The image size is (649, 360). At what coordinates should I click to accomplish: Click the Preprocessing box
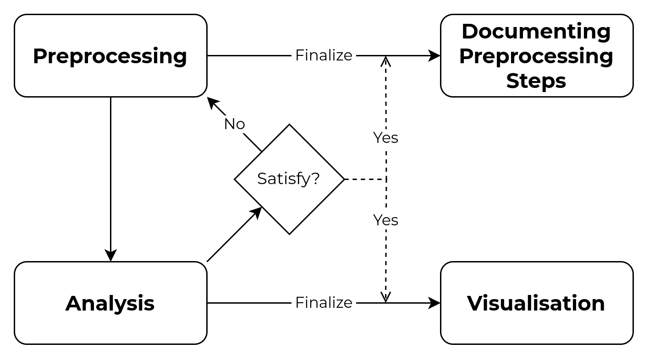(x=110, y=55)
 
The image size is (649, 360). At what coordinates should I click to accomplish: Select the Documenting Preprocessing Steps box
(x=537, y=55)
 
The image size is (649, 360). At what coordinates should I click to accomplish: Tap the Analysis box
(x=110, y=303)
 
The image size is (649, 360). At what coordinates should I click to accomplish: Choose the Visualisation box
(x=537, y=303)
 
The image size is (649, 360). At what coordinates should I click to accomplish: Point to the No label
(x=234, y=124)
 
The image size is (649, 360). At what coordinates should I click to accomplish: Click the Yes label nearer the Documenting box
(x=385, y=138)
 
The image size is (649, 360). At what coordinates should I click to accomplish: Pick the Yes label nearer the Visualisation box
(x=385, y=220)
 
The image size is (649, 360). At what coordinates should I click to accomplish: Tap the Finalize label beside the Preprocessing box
(x=324, y=55)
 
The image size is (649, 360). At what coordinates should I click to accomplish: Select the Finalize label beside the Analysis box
(x=324, y=303)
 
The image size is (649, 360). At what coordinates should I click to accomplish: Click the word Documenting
(x=536, y=32)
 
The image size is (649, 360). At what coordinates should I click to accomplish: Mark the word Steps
(x=536, y=81)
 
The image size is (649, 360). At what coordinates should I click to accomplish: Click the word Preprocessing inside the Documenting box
(x=536, y=56)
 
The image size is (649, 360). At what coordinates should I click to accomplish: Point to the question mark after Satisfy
(x=315, y=178)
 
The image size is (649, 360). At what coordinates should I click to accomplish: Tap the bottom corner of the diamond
(x=289, y=232)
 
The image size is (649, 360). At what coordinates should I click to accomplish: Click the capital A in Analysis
(x=73, y=303)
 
